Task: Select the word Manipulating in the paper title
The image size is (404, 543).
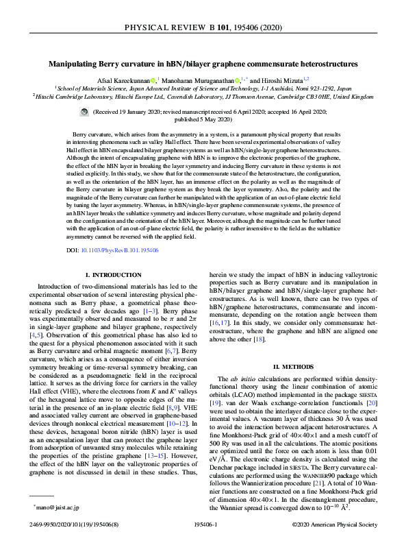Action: [x=73, y=63]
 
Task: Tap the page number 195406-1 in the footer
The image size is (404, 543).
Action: [x=201, y=525]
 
